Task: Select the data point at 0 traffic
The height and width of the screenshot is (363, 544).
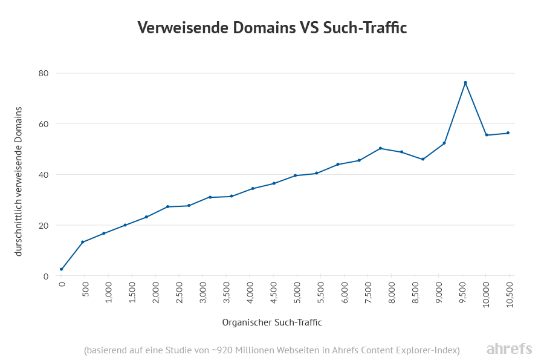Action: [61, 269]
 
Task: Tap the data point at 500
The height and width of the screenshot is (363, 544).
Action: [82, 242]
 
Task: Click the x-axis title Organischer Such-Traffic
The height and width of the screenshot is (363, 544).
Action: [272, 322]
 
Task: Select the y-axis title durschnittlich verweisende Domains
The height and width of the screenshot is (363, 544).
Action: [19, 181]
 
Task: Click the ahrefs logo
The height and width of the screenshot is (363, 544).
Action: [509, 349]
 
